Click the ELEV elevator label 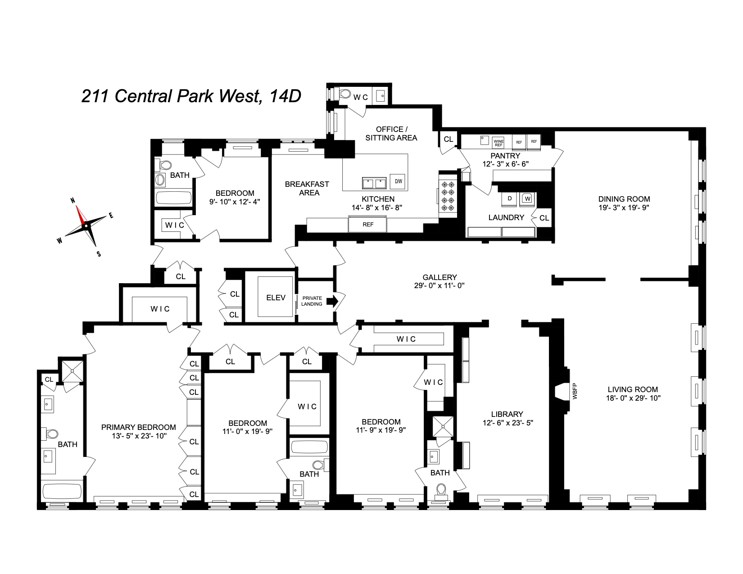pos(276,298)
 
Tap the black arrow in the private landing pos(332,301)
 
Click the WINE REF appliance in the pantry pos(498,142)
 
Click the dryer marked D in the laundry pos(510,198)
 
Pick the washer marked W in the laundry pos(527,198)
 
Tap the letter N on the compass pos(72,201)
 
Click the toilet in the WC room pos(344,94)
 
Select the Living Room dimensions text pos(632,398)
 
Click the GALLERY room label pos(439,278)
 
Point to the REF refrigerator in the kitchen pos(368,224)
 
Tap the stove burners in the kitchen pos(448,196)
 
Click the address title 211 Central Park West pos(191,96)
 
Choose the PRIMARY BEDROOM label pos(138,427)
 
